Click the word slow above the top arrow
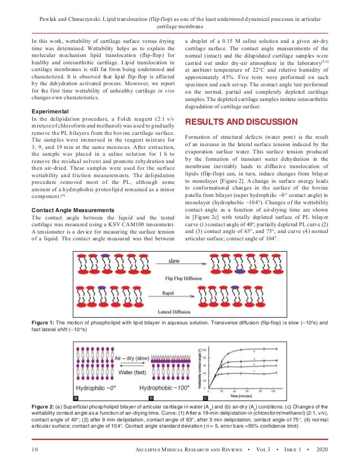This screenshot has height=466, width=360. point(174,261)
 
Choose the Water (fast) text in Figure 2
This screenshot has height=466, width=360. point(133,372)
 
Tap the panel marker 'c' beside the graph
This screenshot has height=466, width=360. point(197,398)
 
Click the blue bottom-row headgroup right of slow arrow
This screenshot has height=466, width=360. point(241,271)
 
